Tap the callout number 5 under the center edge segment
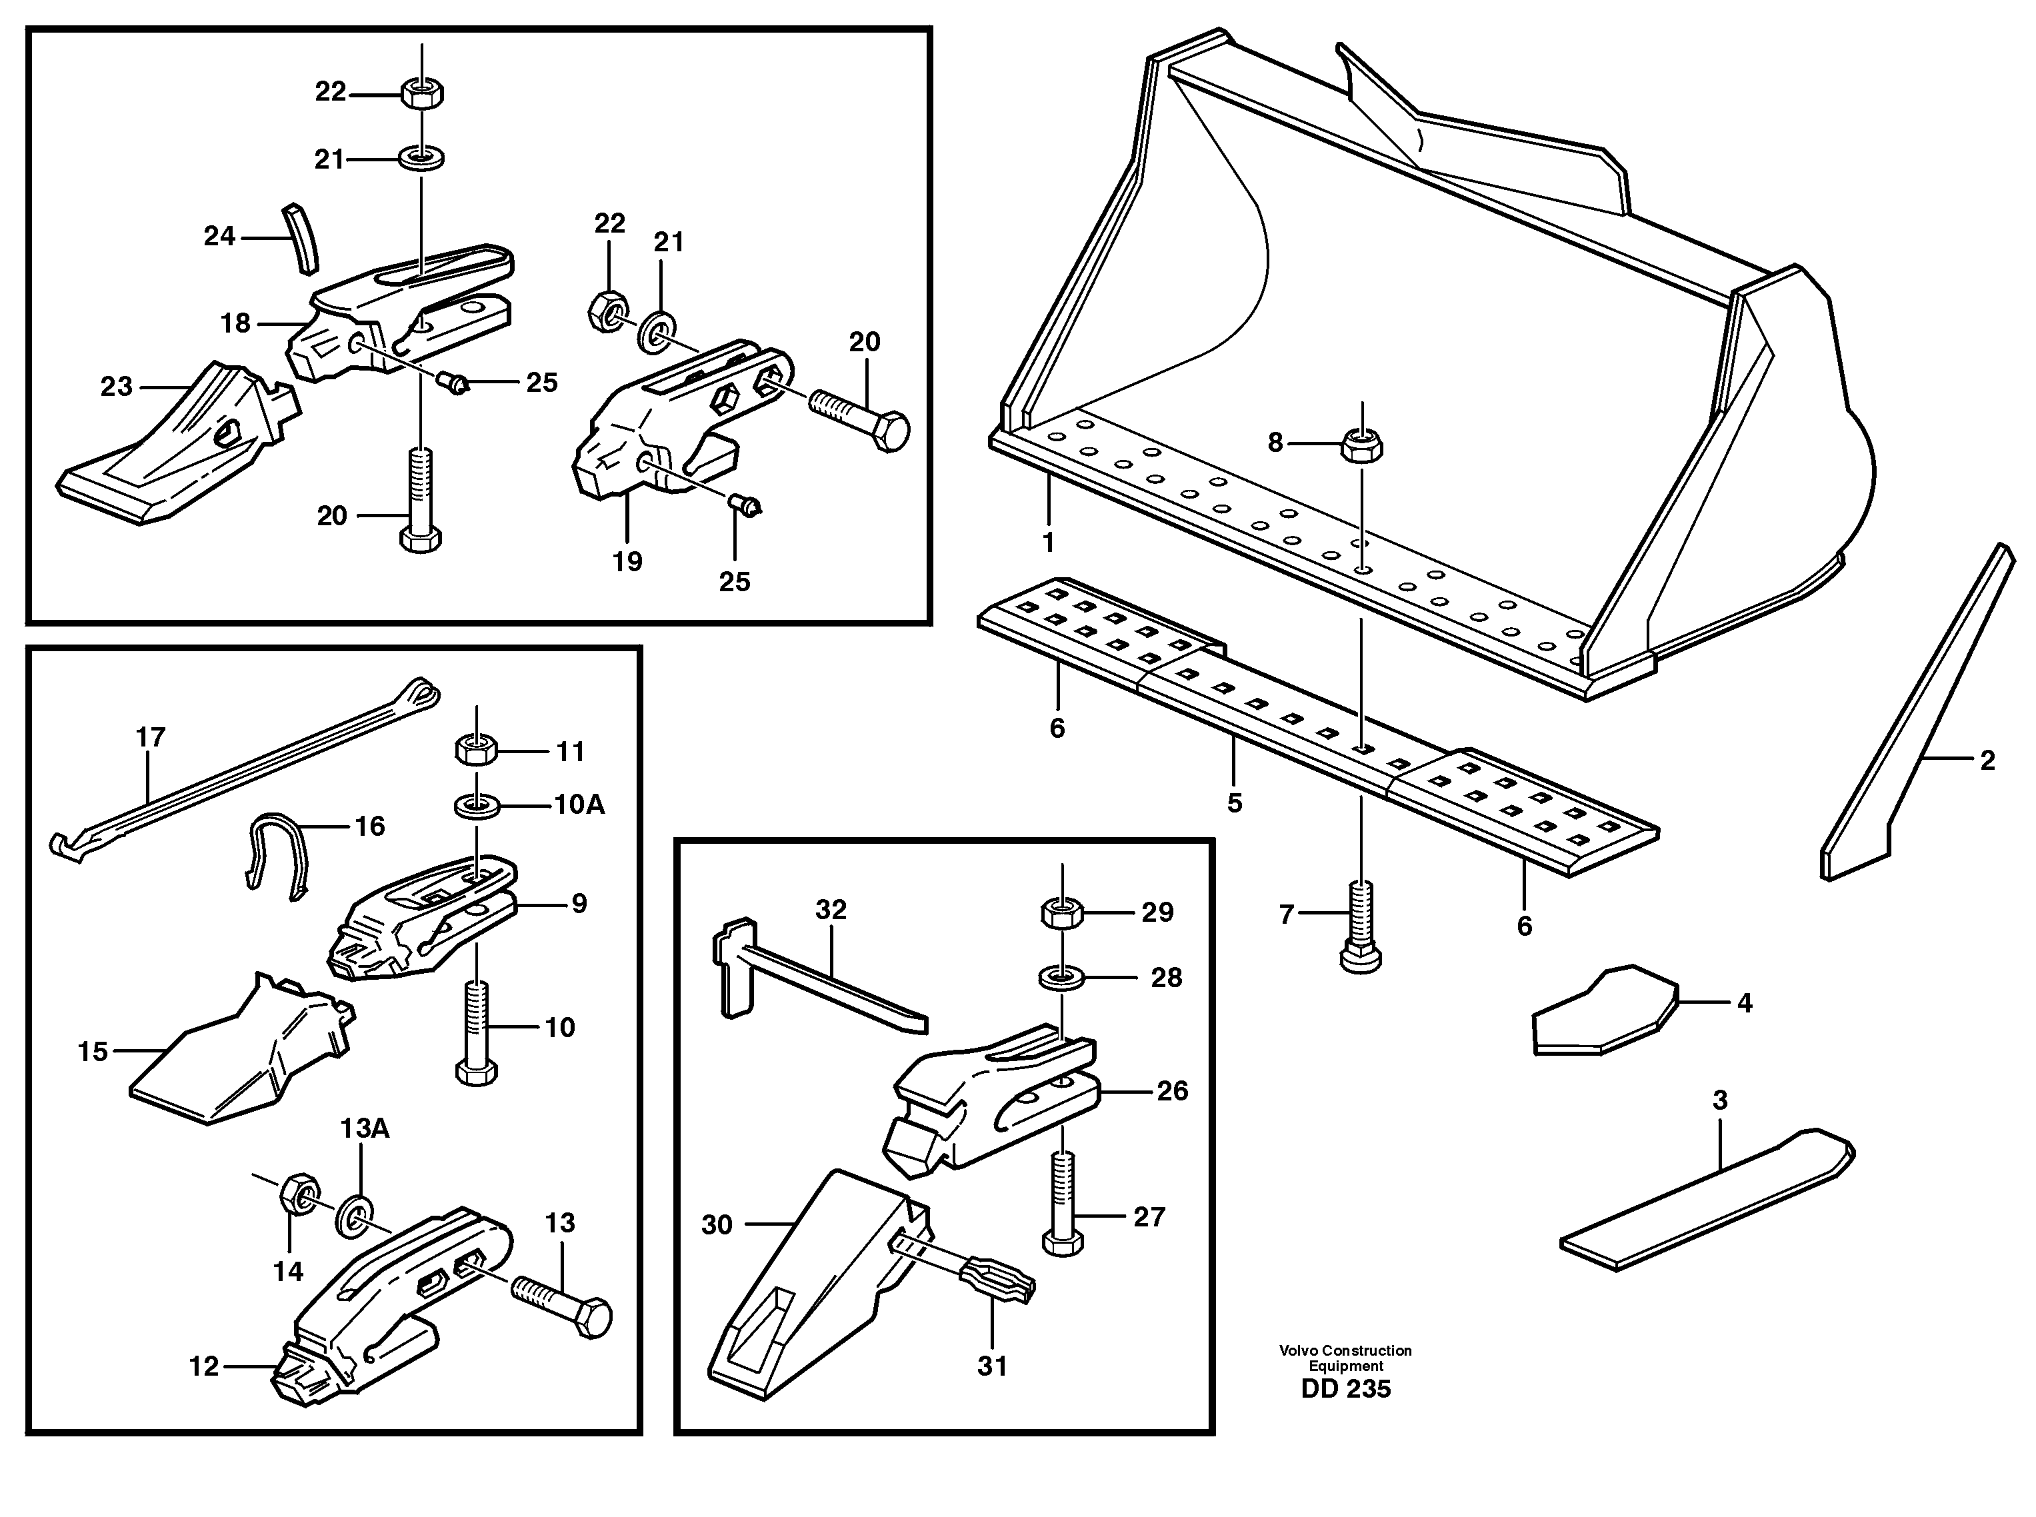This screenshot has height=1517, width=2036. click(1234, 802)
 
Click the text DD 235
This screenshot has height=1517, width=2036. click(1345, 1388)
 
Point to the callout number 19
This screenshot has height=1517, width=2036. click(627, 561)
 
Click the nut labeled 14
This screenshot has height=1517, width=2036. click(297, 1194)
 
